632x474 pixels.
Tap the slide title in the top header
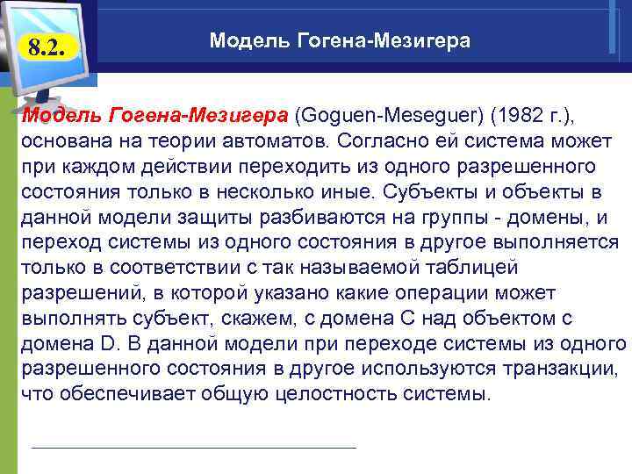click(340, 41)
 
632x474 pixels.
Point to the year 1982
click(519, 116)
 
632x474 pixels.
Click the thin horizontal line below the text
click(193, 448)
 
